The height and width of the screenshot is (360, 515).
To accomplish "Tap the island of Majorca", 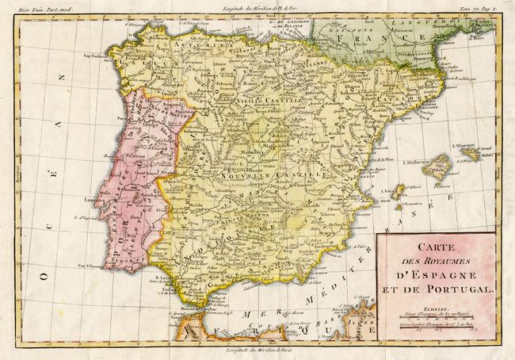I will pyautogui.click(x=438, y=166).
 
